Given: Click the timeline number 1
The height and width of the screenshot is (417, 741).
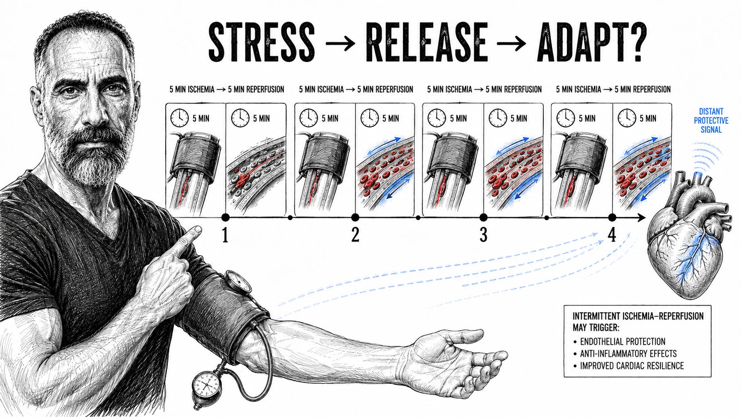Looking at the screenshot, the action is coord(225,235).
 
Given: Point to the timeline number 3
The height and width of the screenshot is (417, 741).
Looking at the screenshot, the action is coord(484,235).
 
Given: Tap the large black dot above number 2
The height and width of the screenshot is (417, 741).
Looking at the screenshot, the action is coord(355,217).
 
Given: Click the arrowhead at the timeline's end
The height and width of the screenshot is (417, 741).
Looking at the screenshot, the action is coord(641,217).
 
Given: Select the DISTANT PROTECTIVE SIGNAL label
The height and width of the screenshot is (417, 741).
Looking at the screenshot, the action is coord(711,121).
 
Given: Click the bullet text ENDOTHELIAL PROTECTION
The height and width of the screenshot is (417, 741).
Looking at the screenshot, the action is coord(623,341).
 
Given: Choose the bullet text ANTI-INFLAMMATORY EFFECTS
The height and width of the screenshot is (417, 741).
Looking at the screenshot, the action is coord(628,354).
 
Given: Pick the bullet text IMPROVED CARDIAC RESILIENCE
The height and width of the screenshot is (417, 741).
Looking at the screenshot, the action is coord(632,366).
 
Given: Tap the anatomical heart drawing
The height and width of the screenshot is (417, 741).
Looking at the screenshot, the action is coord(688,235).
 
